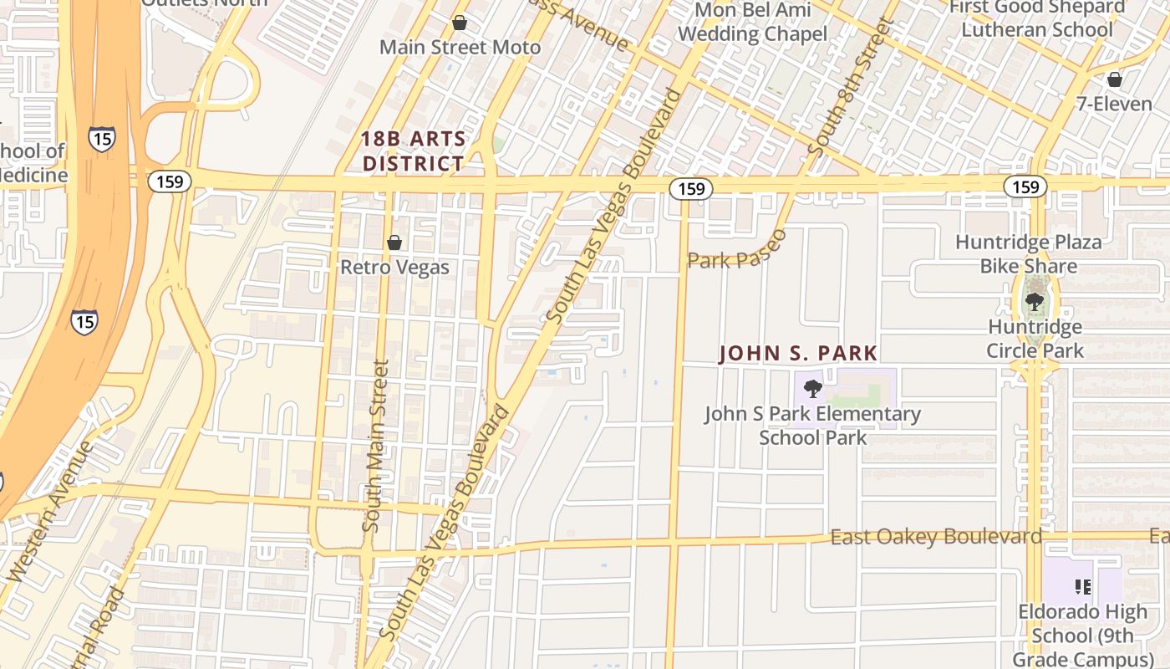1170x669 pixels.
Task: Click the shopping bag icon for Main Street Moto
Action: click(x=460, y=23)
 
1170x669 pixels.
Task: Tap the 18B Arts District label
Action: click(x=413, y=151)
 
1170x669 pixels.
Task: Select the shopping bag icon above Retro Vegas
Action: click(x=394, y=243)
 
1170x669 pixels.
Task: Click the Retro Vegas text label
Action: click(x=394, y=268)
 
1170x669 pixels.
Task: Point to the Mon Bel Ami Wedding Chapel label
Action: click(x=752, y=23)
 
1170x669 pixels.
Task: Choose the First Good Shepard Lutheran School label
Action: click(x=1037, y=18)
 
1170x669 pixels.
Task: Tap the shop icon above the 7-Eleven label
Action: click(x=1114, y=79)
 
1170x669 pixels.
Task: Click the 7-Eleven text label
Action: click(x=1114, y=105)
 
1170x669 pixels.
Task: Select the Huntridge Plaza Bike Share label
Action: click(x=1029, y=254)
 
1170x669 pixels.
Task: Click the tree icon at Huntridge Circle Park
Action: click(x=1035, y=302)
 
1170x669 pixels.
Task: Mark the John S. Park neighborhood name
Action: click(x=798, y=354)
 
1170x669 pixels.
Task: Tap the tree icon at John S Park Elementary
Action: click(x=812, y=388)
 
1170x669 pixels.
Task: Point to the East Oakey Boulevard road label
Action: click(x=936, y=537)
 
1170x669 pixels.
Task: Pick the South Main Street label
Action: click(x=377, y=446)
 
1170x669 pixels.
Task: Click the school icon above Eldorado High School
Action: click(x=1083, y=587)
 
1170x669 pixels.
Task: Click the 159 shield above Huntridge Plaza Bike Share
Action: click(x=1025, y=186)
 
